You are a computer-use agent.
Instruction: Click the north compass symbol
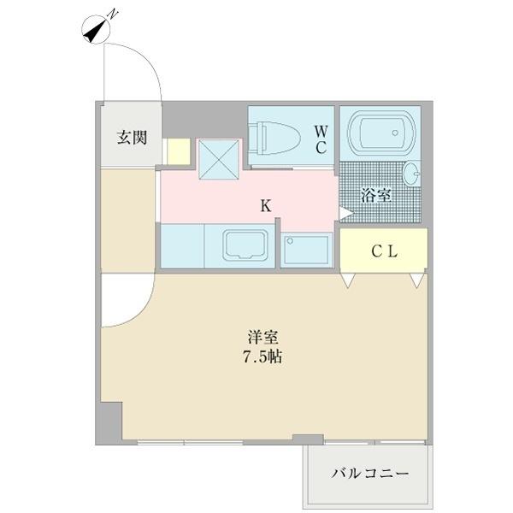(x=97, y=29)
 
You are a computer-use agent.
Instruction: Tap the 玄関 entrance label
(x=132, y=137)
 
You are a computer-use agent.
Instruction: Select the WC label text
(x=320, y=139)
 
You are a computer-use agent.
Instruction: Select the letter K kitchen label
(x=266, y=205)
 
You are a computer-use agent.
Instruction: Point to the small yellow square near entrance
(x=178, y=151)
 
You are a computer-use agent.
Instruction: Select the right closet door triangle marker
(x=416, y=280)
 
